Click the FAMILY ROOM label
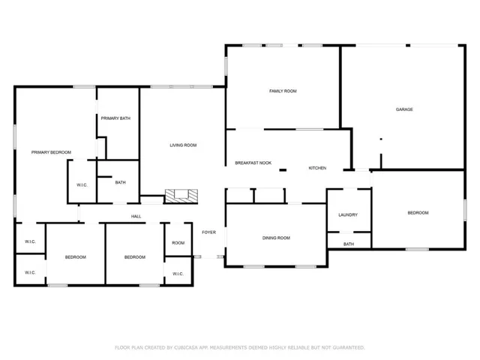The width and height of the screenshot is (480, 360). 283,91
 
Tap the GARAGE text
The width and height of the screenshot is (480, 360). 404,109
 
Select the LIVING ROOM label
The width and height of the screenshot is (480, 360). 182,145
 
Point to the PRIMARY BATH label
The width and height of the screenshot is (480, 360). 116,118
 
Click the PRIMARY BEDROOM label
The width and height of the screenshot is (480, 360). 51,152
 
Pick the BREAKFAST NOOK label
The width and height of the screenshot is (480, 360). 253,163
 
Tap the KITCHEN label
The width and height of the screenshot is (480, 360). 317,168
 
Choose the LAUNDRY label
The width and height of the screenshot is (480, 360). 347,214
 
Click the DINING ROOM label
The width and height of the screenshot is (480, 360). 276,238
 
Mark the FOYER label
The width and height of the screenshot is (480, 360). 208,232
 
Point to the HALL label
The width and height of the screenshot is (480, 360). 136,217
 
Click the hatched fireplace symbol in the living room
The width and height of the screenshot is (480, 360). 182,195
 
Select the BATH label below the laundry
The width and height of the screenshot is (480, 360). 349,244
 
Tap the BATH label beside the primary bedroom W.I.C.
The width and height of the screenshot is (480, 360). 120,182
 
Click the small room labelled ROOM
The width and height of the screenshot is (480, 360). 178,243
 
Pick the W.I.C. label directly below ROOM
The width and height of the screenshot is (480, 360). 178,274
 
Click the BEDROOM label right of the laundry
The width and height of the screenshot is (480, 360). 417,213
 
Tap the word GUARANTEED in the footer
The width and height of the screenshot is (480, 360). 348,347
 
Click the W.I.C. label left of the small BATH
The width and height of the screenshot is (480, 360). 82,185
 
